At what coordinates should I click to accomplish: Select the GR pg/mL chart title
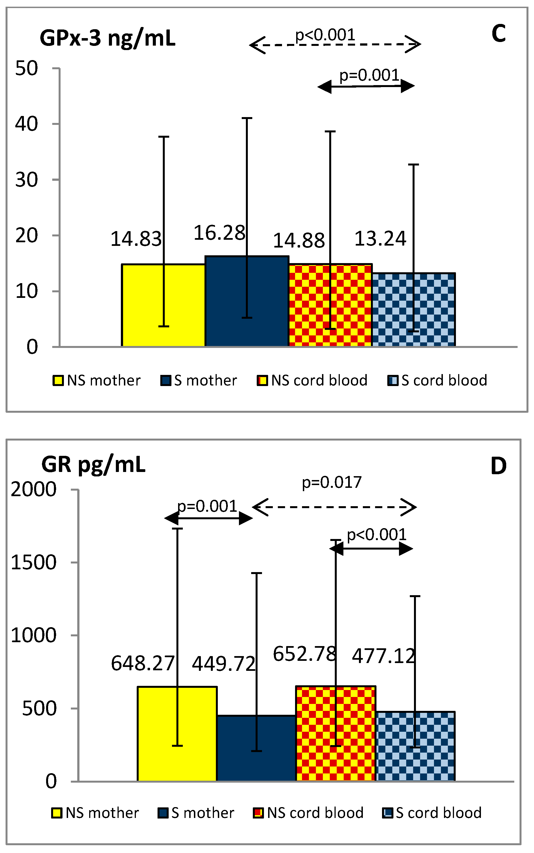[93, 464]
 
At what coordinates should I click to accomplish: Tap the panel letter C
[498, 34]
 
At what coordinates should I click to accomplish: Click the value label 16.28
[219, 233]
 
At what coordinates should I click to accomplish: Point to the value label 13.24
[380, 239]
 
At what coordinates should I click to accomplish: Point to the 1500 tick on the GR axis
[34, 562]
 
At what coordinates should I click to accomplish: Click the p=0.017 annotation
[332, 482]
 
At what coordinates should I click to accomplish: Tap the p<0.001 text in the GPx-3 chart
[325, 35]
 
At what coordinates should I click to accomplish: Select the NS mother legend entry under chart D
[95, 813]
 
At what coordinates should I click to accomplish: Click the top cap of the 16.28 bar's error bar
[247, 118]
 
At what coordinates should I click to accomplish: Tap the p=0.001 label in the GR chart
[207, 506]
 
